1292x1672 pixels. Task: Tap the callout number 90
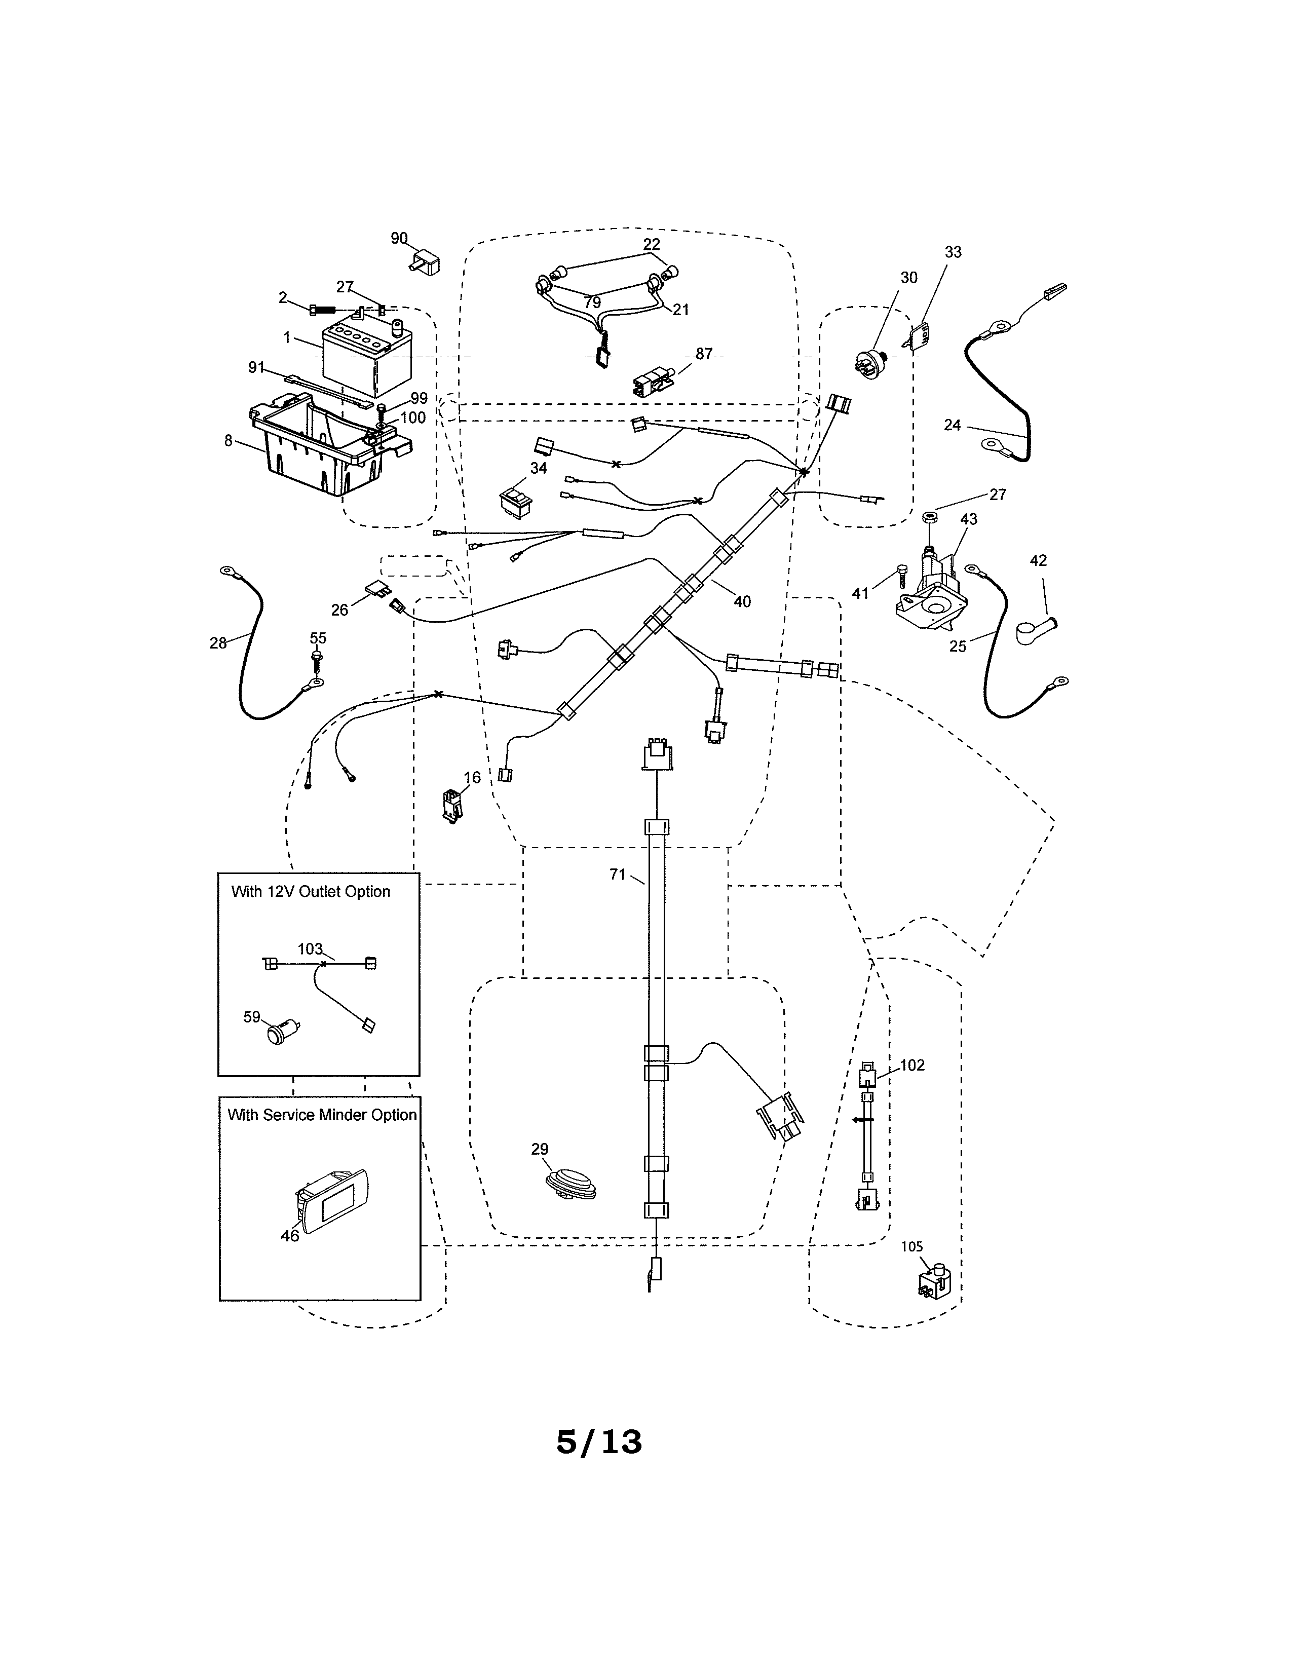click(399, 239)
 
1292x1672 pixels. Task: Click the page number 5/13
click(598, 1441)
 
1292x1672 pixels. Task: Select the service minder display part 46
click(332, 1201)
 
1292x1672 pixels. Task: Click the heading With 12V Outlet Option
click(311, 892)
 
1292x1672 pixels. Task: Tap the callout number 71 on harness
click(618, 875)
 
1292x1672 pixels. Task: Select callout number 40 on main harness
click(742, 602)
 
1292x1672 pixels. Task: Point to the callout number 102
click(913, 1066)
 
